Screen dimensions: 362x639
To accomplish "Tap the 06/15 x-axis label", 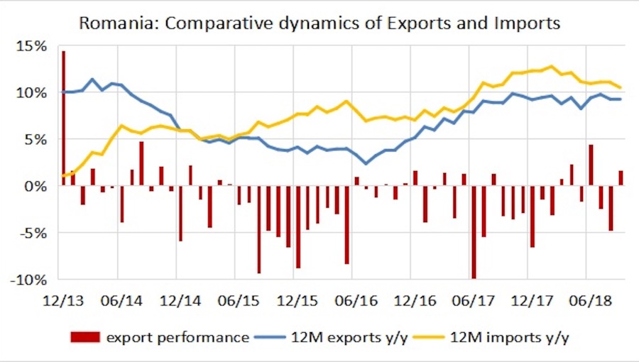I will [x=237, y=300].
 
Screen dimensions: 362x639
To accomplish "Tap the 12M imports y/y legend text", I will [x=510, y=337].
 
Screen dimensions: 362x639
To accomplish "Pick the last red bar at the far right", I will [x=621, y=178].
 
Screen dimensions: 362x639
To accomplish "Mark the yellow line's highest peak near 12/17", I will [x=551, y=67].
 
